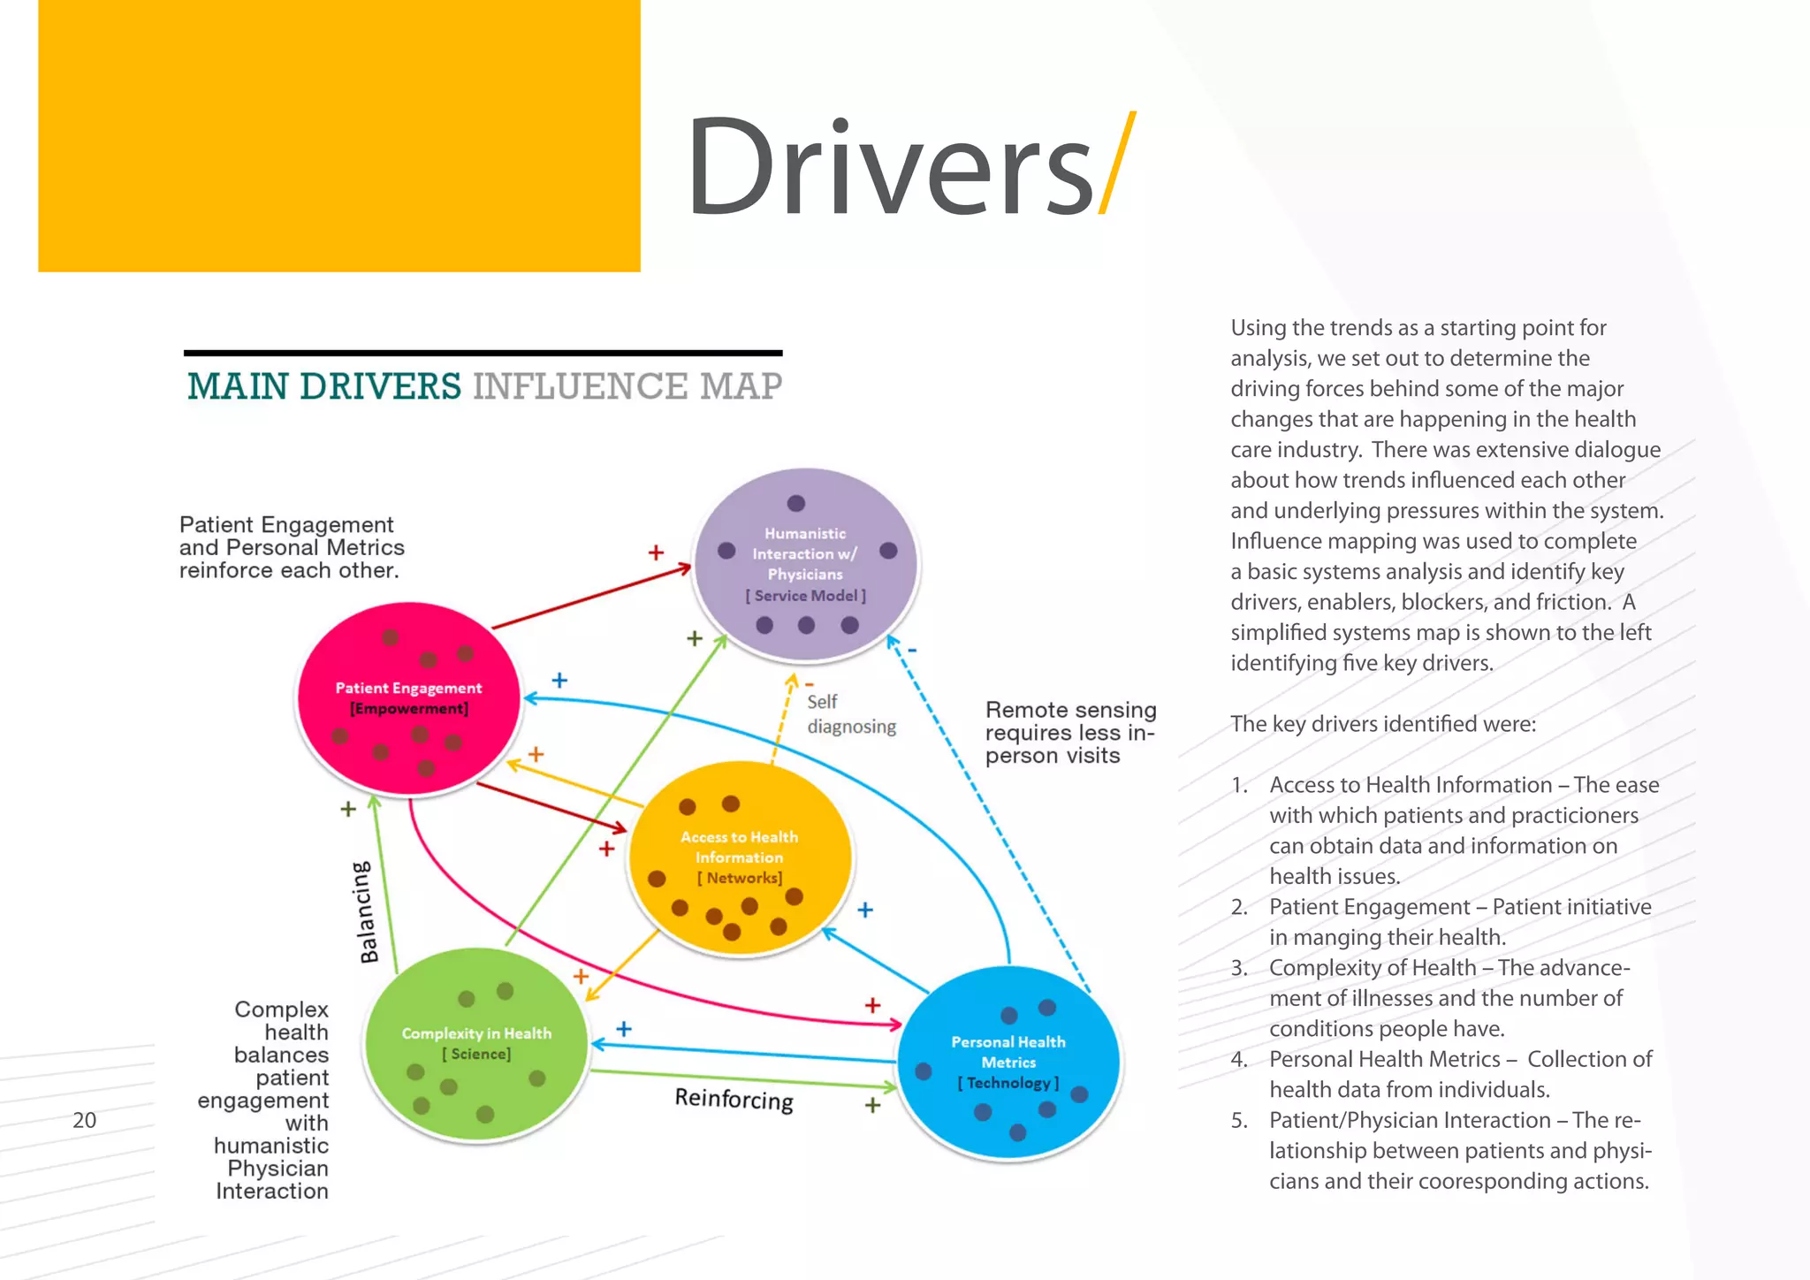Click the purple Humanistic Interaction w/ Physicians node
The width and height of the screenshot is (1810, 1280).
[805, 566]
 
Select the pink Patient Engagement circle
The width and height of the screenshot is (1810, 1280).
[408, 698]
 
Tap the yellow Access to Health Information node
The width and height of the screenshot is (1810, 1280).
[739, 857]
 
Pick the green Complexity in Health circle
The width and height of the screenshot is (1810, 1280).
[476, 1044]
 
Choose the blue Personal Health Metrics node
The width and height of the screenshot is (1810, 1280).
[1008, 1062]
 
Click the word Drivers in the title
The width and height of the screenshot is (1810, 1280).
[889, 167]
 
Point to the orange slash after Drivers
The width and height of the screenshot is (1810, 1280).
[1116, 164]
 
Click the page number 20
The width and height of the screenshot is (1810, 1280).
[84, 1120]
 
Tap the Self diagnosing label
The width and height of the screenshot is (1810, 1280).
[850, 714]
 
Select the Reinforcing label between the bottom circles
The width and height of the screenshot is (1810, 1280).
[734, 1100]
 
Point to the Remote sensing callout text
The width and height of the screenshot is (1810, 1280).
[1069, 733]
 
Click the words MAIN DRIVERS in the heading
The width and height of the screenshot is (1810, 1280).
[324, 386]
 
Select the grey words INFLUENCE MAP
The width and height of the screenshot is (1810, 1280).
[627, 386]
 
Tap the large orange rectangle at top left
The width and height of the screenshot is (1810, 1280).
[338, 135]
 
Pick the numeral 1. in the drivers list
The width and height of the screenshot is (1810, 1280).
[1239, 785]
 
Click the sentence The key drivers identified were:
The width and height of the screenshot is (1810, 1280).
[1383, 724]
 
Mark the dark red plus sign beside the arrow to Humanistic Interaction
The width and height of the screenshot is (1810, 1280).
[656, 552]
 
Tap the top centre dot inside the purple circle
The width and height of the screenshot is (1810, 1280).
[796, 503]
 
